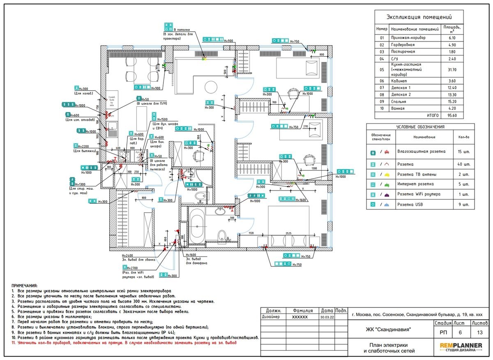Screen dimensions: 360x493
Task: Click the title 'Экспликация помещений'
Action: (419, 17)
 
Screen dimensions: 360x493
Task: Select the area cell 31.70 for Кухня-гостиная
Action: (452, 70)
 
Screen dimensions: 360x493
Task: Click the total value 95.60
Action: (452, 116)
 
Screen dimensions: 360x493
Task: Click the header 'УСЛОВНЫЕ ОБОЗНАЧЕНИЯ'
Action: (420, 127)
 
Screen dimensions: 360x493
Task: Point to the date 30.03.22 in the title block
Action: (327, 317)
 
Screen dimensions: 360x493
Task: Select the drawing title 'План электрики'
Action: (389, 345)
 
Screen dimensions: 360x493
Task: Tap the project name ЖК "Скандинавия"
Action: (388, 329)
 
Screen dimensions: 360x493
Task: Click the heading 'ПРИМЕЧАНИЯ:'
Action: (24, 286)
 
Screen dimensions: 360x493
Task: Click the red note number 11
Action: (14, 342)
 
